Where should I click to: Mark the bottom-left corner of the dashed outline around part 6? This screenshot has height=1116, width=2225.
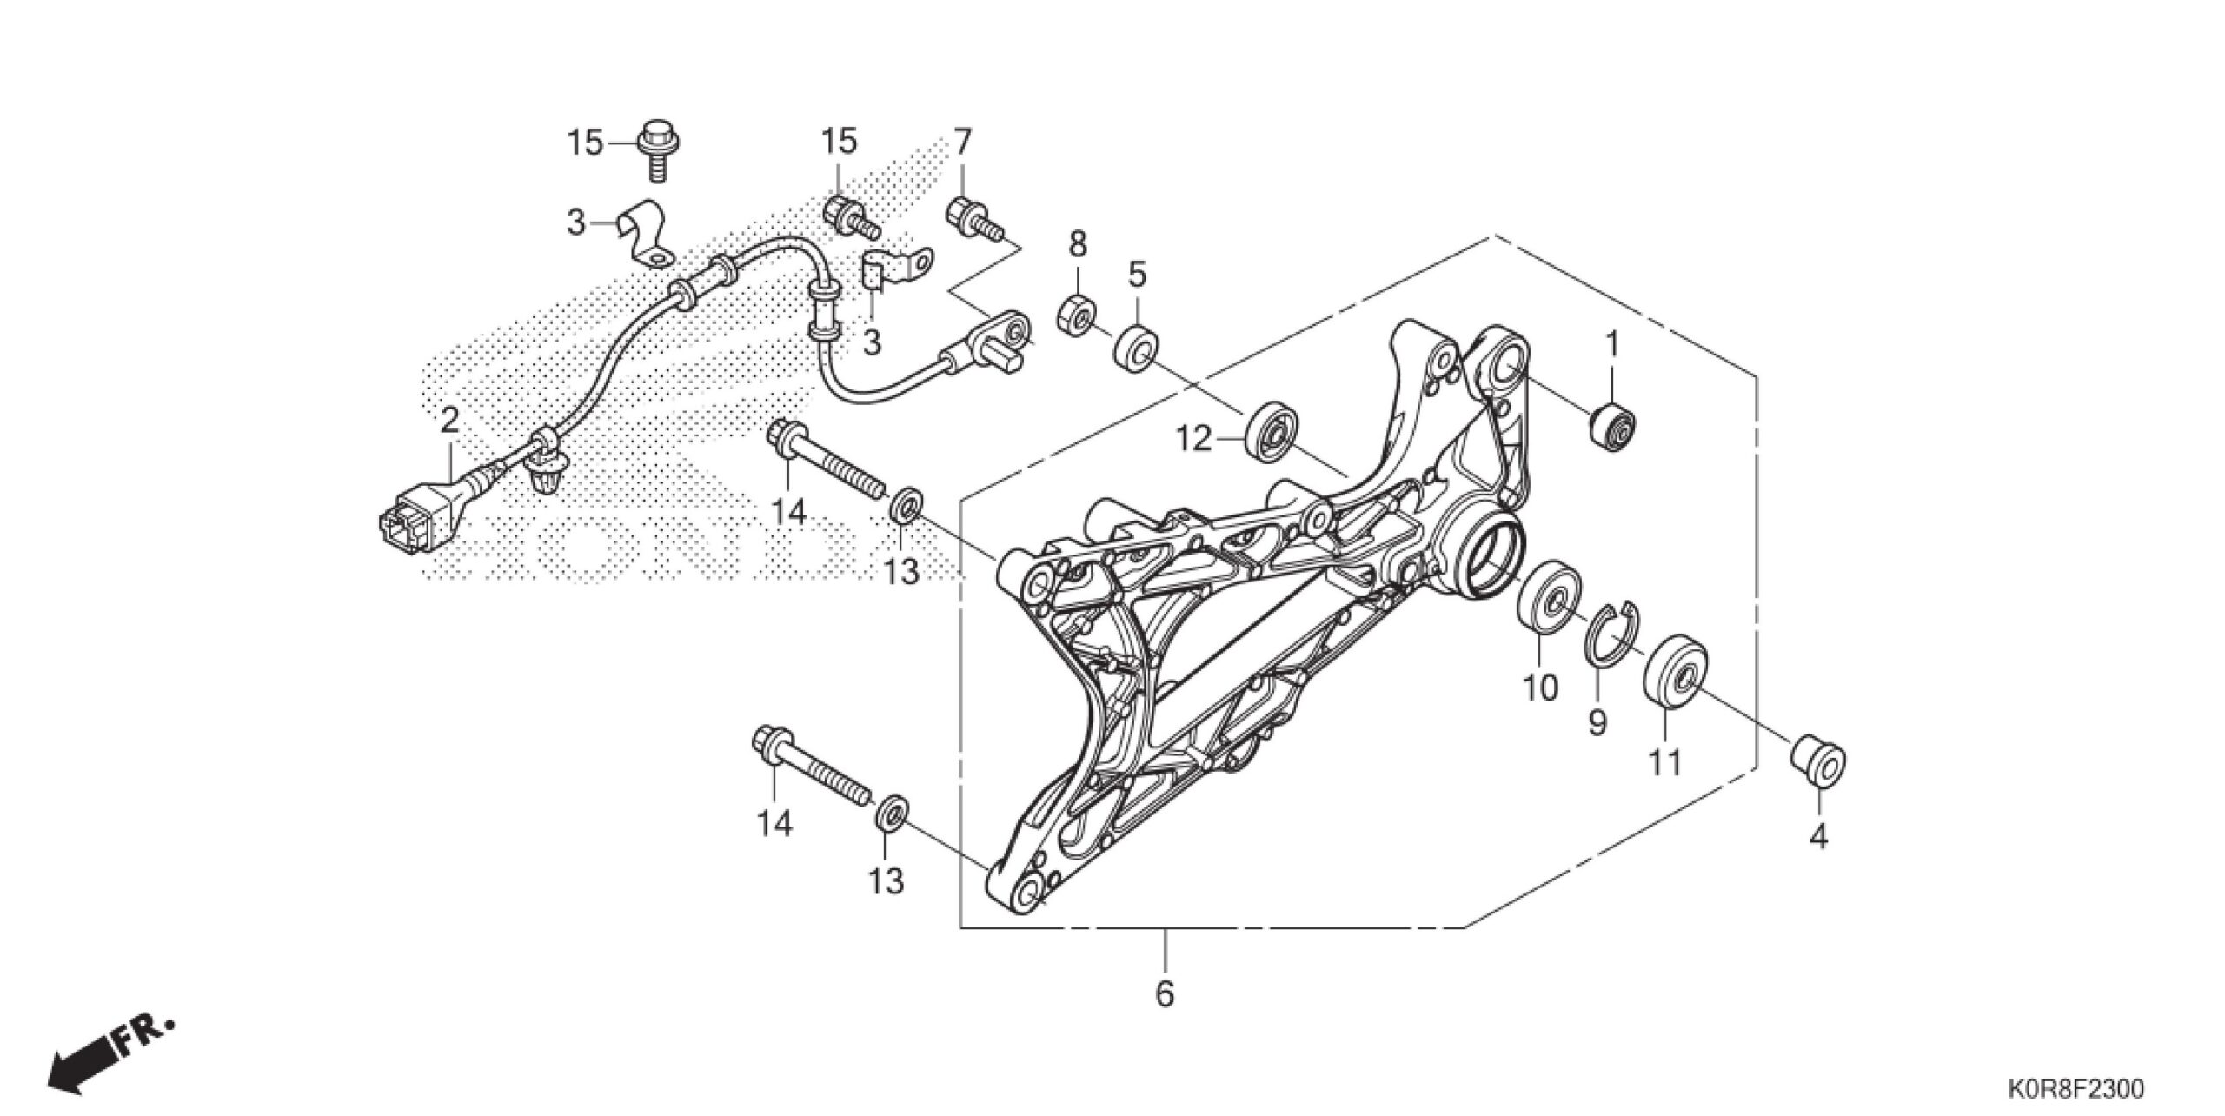(x=960, y=928)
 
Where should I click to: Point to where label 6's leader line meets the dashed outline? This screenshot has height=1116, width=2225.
(x=1166, y=928)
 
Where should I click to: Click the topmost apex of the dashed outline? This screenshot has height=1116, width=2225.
(x=1494, y=236)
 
